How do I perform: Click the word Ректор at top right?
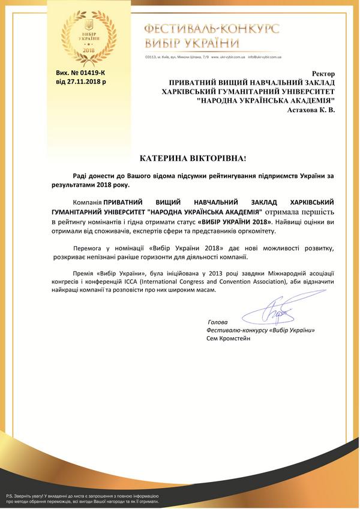(325, 72)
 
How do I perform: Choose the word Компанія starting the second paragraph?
(85, 202)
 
